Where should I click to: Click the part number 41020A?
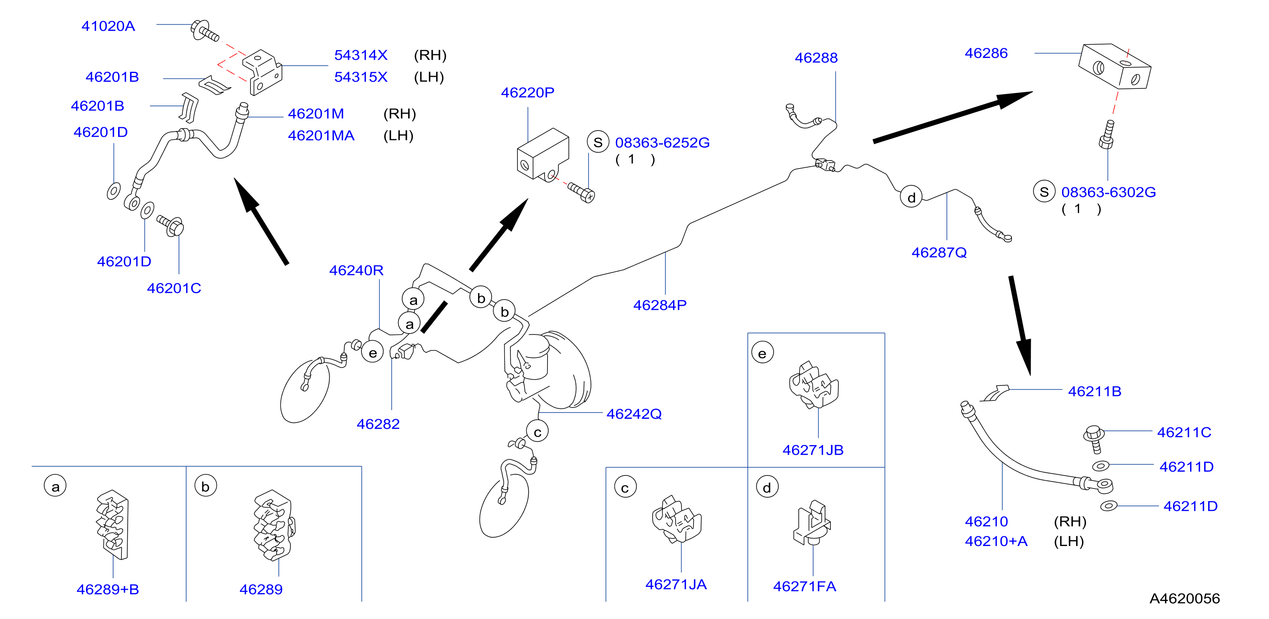108,26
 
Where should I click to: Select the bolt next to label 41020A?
204,31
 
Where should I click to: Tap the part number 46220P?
527,93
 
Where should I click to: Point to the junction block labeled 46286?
1114,66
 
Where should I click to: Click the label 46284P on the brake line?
660,305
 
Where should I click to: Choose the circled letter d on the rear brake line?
911,197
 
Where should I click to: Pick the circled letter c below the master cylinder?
537,432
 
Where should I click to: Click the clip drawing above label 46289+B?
113,524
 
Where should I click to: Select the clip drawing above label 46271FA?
812,523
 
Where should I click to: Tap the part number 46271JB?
813,450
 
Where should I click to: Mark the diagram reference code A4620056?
1184,598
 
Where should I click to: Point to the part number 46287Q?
939,253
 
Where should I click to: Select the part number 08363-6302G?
1108,192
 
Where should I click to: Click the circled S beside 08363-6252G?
598,142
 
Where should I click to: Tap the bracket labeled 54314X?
262,72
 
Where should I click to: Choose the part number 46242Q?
634,414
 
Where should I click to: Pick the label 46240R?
356,270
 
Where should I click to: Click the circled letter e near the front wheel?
372,352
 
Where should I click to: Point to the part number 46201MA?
321,136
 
